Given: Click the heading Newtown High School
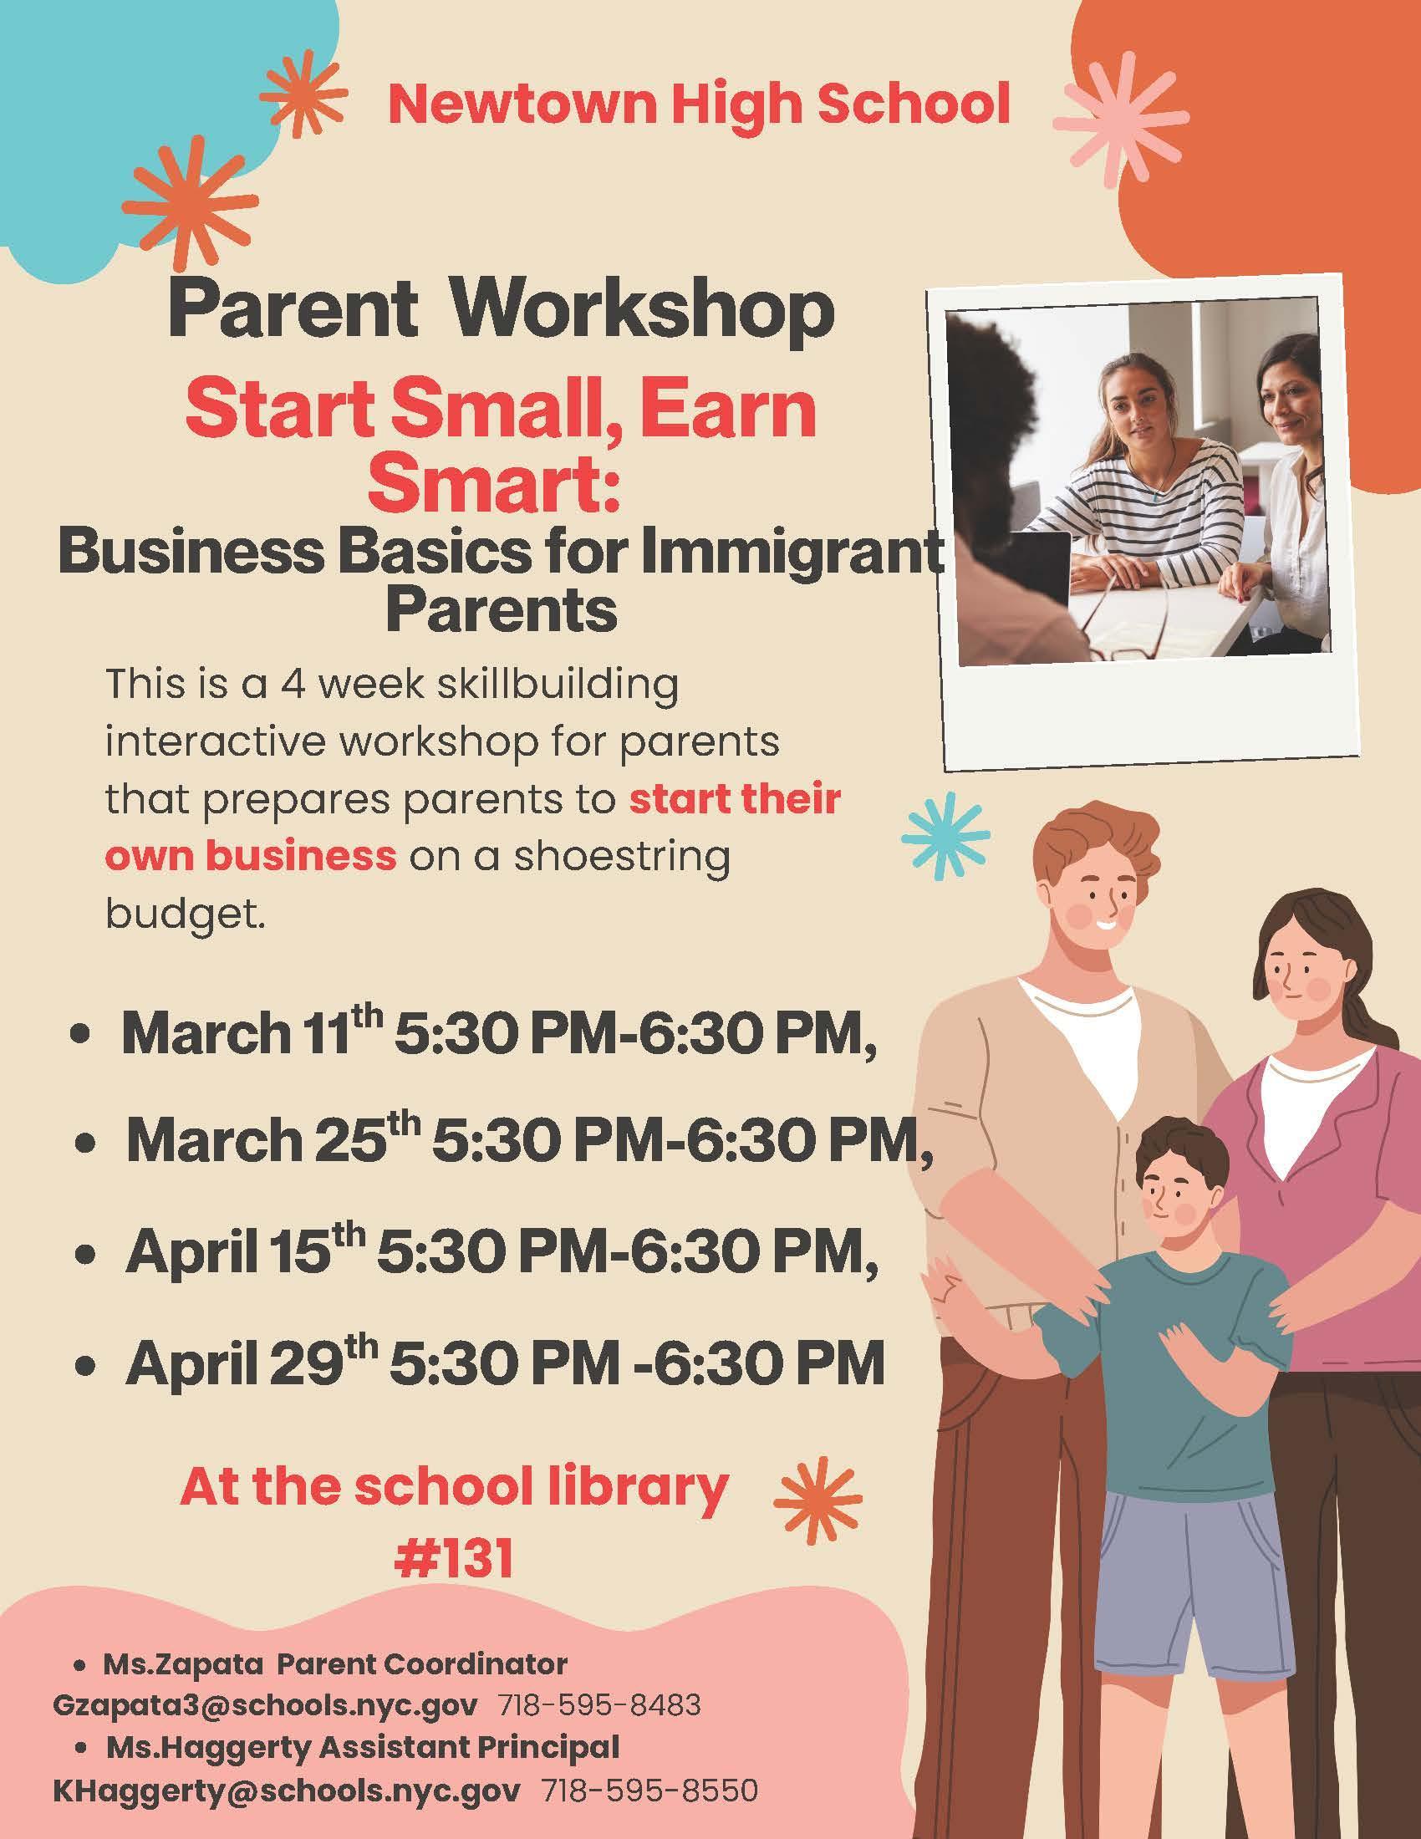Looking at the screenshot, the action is coord(699,105).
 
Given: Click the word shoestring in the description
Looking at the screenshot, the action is coord(622,857).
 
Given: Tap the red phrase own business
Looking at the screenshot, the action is coord(250,855).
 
